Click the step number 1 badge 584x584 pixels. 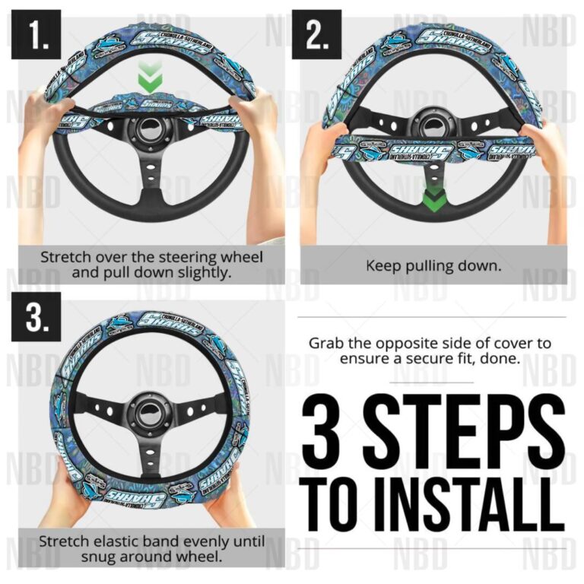pos(36,35)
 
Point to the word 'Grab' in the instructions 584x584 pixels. pos(325,344)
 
